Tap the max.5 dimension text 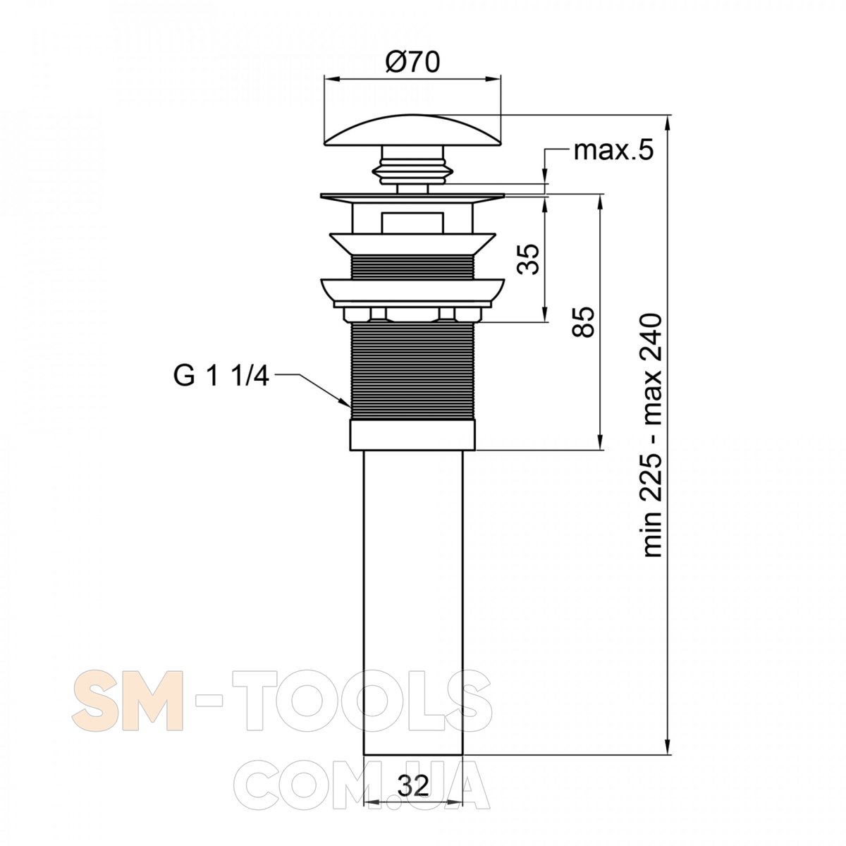tap(613, 151)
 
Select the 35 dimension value tap(528, 259)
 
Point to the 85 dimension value tap(584, 321)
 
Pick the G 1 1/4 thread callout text tap(221, 376)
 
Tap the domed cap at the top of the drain tap(412, 130)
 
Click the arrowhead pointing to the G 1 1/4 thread tap(345, 401)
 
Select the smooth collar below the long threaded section tap(412, 435)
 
